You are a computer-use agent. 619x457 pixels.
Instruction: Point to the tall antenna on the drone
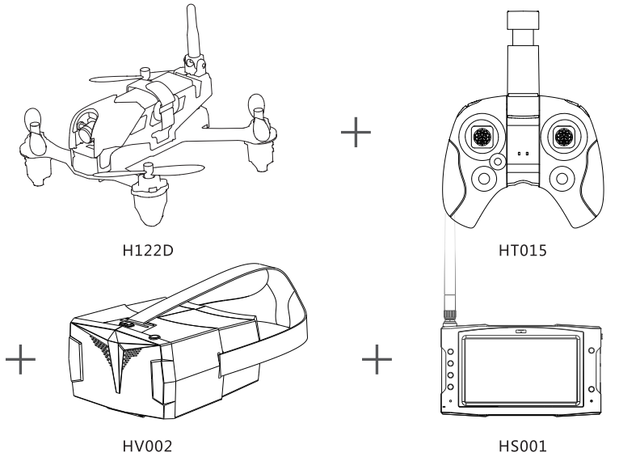click(192, 32)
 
